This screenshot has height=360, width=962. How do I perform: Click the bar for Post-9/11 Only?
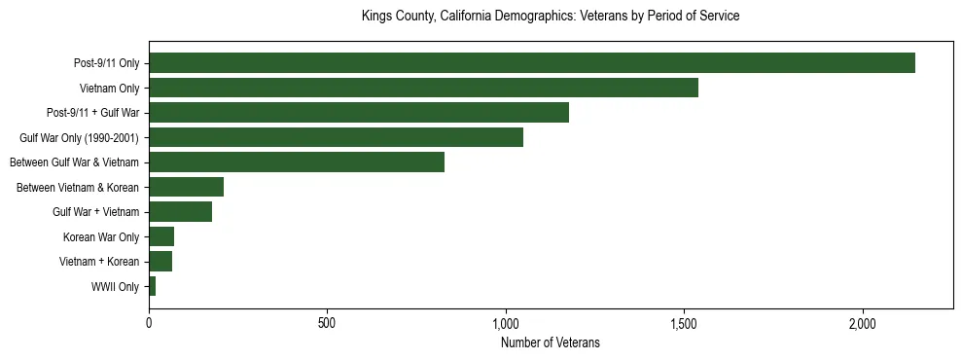click(531, 63)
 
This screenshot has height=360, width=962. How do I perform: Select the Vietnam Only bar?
click(423, 88)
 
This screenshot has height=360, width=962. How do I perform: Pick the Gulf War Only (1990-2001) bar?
click(336, 137)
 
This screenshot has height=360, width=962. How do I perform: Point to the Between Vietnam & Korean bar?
click(186, 187)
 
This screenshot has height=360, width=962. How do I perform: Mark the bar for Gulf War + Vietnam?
click(180, 212)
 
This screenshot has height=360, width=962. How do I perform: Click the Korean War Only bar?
click(161, 236)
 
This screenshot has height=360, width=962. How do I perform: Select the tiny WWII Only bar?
click(153, 286)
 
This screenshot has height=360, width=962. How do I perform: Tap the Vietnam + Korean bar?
click(160, 262)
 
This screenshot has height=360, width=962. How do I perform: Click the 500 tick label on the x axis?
click(327, 322)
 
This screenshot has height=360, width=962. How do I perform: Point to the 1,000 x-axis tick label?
click(506, 322)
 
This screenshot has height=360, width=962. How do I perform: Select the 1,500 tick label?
click(684, 322)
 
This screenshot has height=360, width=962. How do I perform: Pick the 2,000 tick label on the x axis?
click(863, 322)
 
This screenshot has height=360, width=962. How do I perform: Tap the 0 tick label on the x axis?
click(149, 322)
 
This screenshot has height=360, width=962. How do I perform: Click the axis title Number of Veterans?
click(550, 342)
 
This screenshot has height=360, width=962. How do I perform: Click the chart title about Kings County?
click(550, 17)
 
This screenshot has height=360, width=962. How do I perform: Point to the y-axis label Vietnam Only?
click(109, 88)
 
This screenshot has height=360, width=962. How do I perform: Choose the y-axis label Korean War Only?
click(101, 236)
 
